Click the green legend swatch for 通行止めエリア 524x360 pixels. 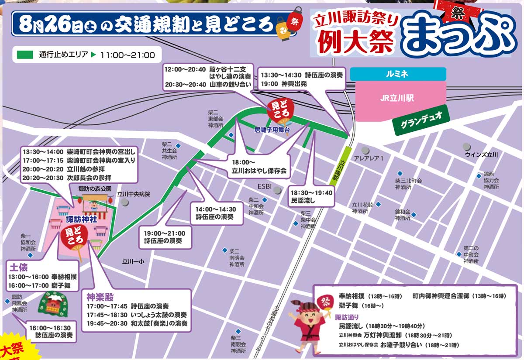click(x=25, y=55)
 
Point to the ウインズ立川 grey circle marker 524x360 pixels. click(x=467, y=147)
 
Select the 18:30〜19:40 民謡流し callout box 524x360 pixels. click(x=312, y=196)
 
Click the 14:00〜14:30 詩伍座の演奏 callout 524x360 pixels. click(x=216, y=213)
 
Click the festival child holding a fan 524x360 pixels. click(x=307, y=322)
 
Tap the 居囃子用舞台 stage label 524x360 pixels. click(x=272, y=130)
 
